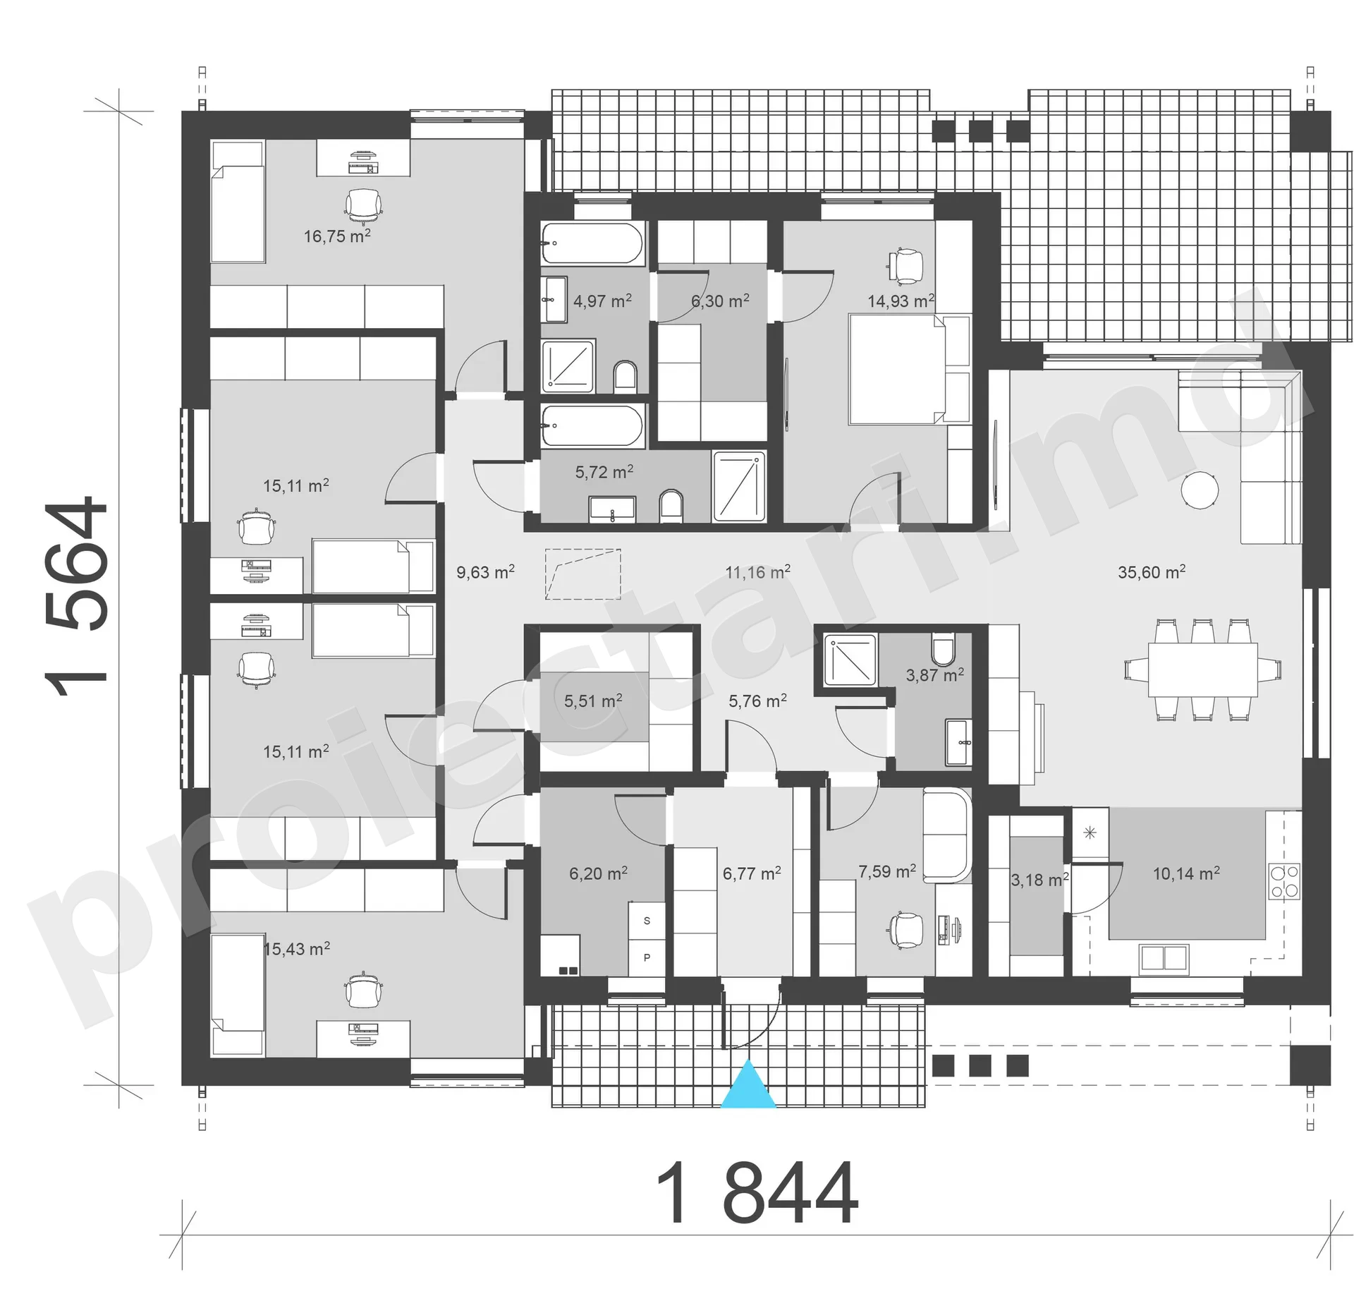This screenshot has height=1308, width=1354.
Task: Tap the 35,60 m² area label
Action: point(1152,572)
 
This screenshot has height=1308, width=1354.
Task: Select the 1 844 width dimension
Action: point(757,1194)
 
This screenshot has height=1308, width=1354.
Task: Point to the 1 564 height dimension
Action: point(76,595)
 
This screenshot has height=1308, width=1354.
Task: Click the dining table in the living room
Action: point(1203,670)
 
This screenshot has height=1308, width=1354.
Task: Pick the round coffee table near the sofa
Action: point(1200,489)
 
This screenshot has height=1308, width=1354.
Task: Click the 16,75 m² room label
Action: point(337,236)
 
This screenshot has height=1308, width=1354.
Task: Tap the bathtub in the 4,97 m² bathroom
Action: point(592,243)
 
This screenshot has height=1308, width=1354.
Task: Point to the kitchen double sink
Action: point(1164,958)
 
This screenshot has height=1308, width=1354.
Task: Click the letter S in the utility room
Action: point(647,921)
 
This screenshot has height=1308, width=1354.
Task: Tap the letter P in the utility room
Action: point(647,957)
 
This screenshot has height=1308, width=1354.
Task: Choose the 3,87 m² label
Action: point(935,674)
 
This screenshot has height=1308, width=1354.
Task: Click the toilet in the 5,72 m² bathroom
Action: point(671,507)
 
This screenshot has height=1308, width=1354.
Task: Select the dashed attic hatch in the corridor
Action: point(583,574)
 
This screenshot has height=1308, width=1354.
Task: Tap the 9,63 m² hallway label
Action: point(485,571)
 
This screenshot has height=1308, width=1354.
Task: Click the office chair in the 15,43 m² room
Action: point(364,991)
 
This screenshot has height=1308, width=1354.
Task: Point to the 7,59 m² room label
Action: point(887,871)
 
